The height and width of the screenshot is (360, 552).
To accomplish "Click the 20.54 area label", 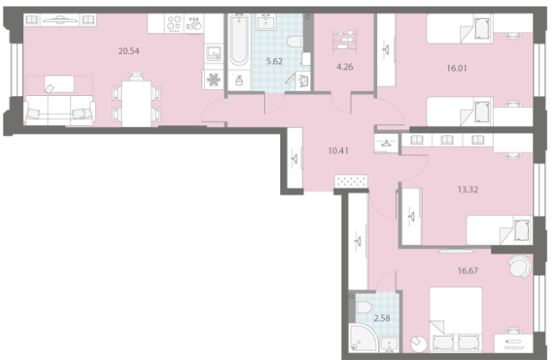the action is tap(129, 51).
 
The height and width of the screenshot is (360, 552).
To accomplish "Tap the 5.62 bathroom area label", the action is tap(274, 62).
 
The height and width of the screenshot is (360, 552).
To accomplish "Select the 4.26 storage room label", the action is tap(345, 67).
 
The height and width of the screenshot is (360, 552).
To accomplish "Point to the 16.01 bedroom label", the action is tap(457, 69).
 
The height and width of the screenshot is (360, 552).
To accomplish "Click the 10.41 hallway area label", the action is tap(339, 151).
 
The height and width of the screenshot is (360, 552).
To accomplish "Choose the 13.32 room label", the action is tap(468, 189).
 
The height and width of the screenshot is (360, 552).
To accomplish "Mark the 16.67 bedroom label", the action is tap(468, 271).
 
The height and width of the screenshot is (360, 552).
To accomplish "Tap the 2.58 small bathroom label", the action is tap(382, 319).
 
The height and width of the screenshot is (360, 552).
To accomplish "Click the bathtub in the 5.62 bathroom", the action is tap(239, 39).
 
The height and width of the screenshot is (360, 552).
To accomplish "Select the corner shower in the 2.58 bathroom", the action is tap(363, 338).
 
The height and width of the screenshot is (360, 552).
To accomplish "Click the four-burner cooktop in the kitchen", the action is tap(174, 24).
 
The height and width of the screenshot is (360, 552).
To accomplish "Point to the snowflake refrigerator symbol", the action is tap(213, 80).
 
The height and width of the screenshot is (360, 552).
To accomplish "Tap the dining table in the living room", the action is tap(136, 104).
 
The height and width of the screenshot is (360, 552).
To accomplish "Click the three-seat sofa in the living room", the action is tap(59, 111).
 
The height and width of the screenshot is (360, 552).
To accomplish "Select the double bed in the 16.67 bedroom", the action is tap(456, 320).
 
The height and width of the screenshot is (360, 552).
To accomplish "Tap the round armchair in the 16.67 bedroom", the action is tap(519, 267).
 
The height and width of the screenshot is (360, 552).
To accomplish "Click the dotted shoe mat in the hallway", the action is tap(351, 181).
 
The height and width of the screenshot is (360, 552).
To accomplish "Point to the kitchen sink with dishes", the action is tap(194, 24).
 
